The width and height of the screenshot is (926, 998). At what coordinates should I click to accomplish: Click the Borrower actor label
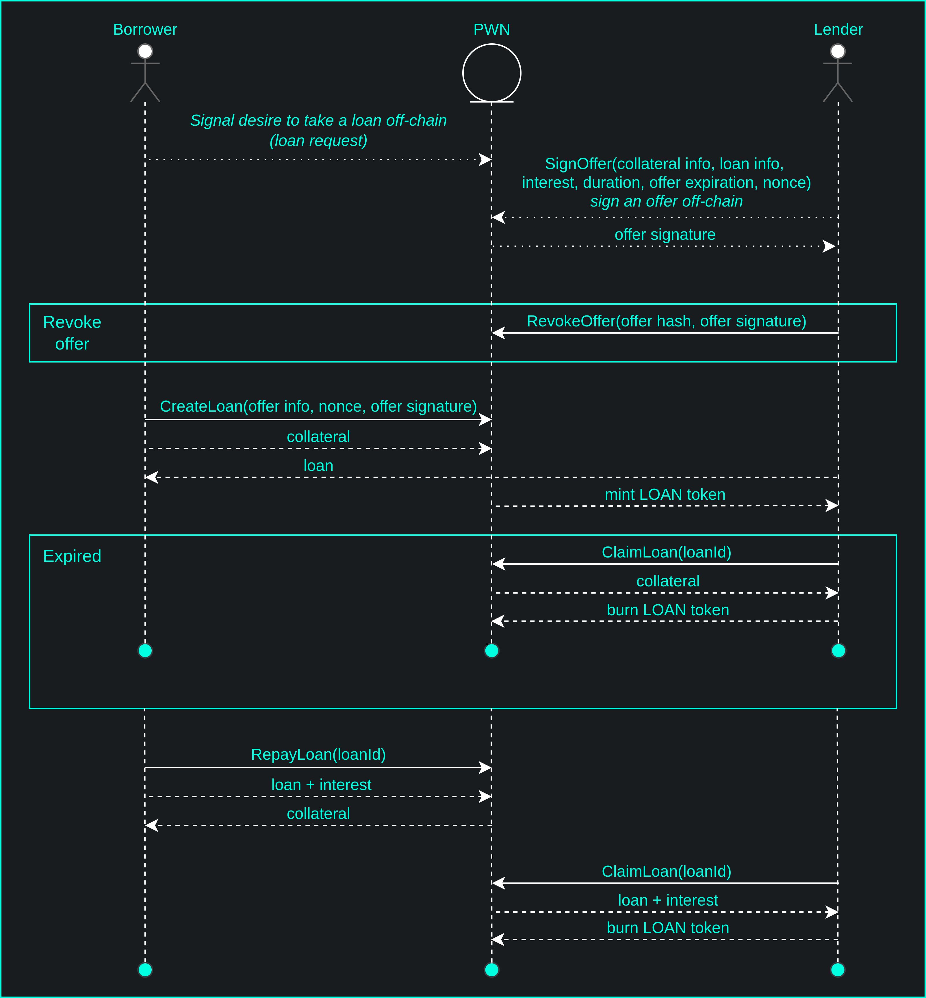point(145,29)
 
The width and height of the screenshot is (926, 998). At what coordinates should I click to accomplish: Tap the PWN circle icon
point(491,73)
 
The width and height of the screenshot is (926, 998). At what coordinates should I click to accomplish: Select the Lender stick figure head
point(838,51)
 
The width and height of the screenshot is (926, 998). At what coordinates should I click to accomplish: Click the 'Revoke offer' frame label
point(72,333)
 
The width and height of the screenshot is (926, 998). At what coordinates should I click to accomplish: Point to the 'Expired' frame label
point(72,556)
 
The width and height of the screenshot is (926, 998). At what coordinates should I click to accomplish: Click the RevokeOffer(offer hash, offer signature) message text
point(667,321)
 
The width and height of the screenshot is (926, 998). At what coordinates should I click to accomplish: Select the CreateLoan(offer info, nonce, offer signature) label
point(318,406)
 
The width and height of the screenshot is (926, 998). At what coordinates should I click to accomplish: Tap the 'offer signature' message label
point(665,235)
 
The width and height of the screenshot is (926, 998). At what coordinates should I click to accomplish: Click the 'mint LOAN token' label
point(665,495)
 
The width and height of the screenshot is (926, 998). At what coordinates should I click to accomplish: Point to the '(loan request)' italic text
point(318,141)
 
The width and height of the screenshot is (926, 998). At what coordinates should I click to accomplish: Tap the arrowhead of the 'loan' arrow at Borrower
point(151,477)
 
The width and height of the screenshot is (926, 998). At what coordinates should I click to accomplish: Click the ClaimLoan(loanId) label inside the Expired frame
point(667,552)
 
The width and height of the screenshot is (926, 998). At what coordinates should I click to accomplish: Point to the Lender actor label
point(838,29)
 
